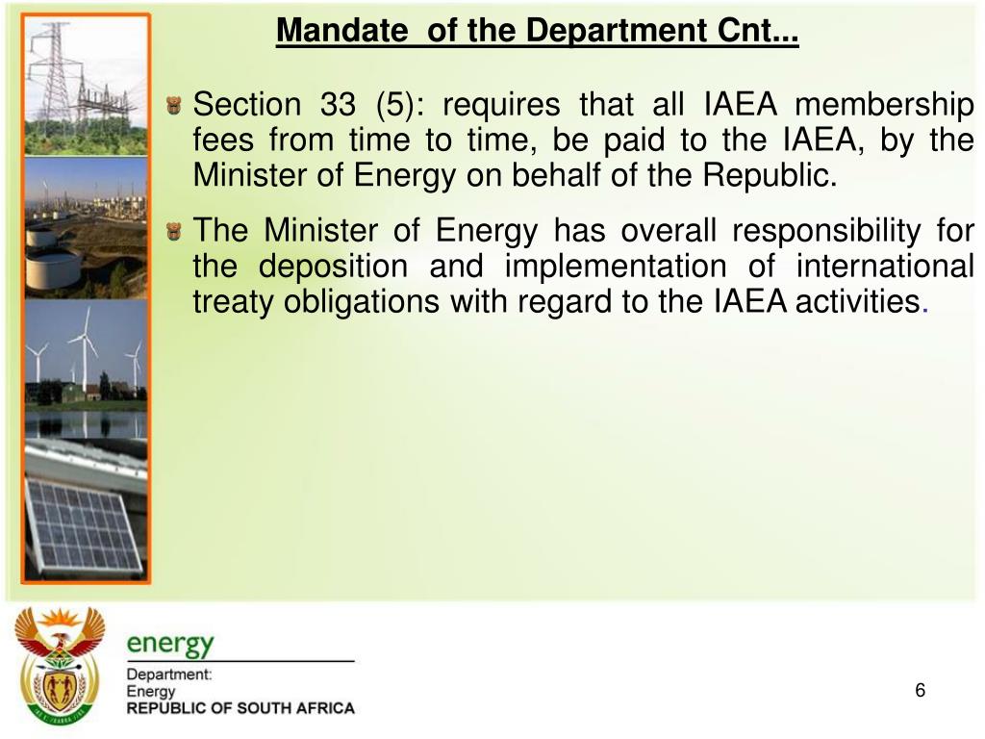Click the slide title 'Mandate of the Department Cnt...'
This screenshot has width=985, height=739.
pos(537,32)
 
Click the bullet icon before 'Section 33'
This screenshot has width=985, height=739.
pos(174,104)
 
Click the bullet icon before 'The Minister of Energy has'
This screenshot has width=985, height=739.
pos(174,231)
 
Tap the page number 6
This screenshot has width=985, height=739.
pos(920,690)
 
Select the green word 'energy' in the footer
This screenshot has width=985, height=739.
pos(170,643)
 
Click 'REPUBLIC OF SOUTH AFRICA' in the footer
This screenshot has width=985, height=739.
pos(240,708)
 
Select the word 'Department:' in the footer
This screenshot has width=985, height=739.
pos(169,675)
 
